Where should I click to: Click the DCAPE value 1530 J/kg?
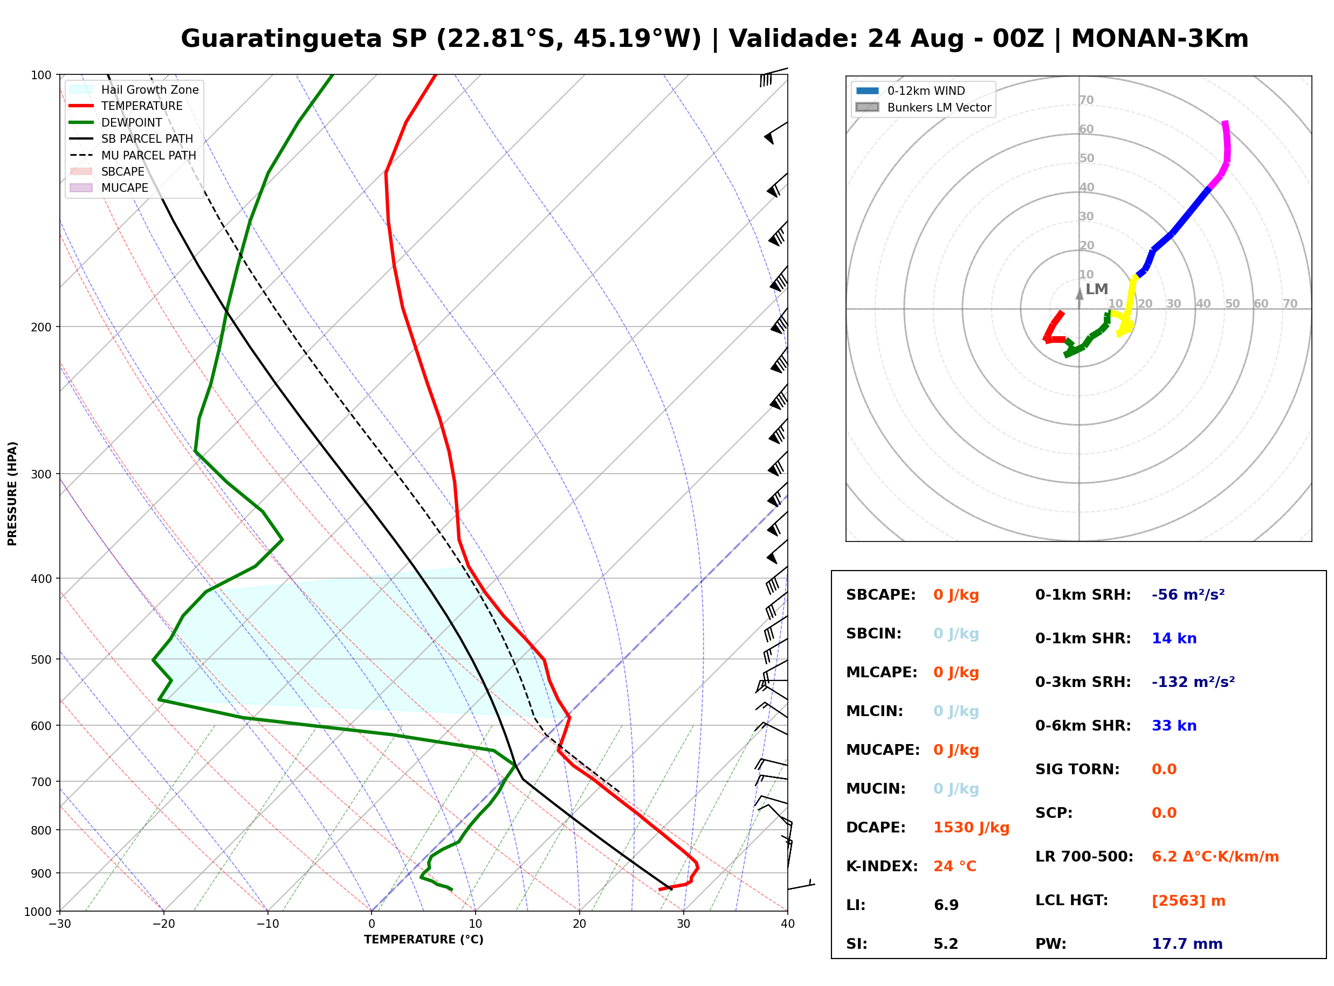pyautogui.click(x=971, y=828)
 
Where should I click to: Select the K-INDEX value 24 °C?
pyautogui.click(x=955, y=866)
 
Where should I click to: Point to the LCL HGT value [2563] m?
pyautogui.click(x=1188, y=901)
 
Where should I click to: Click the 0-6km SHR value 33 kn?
pyautogui.click(x=1174, y=726)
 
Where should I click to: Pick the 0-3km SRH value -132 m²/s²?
pyautogui.click(x=1193, y=682)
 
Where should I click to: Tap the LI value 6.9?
pyautogui.click(x=946, y=905)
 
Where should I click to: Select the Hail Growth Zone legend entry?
pyautogui.click(x=134, y=89)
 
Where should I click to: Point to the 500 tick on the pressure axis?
pyautogui.click(x=40, y=659)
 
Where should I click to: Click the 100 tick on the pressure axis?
pyautogui.click(x=40, y=74)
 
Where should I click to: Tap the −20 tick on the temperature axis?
pyautogui.click(x=163, y=924)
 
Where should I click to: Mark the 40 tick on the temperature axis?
pyautogui.click(x=788, y=924)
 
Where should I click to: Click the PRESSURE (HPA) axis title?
pyautogui.click(x=12, y=494)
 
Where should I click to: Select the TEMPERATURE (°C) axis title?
pyautogui.click(x=424, y=940)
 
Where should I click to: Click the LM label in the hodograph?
pyautogui.click(x=1096, y=289)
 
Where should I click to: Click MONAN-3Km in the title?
pyautogui.click(x=1160, y=39)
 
